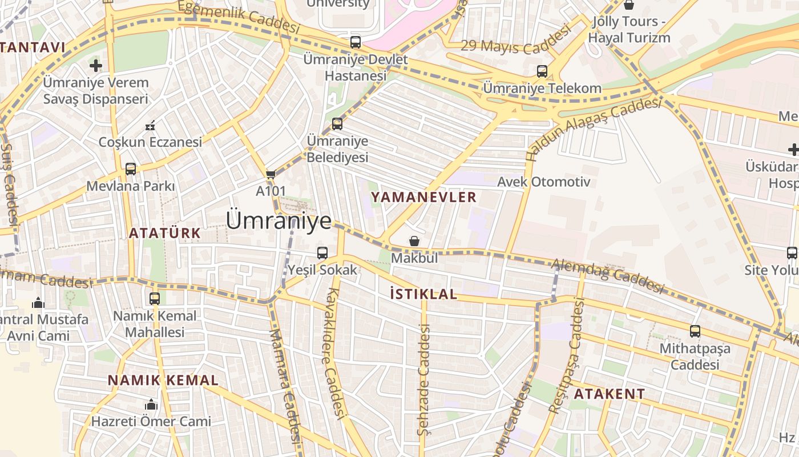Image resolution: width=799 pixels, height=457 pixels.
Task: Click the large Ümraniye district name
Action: coord(279,221)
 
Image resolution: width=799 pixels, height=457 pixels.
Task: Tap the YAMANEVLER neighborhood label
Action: coord(423,197)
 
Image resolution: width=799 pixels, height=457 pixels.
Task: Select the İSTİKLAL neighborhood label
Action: coord(423,294)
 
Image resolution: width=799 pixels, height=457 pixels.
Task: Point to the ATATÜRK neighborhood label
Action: coord(164,233)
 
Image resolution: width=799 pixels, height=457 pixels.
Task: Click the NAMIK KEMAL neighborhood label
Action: coord(163,380)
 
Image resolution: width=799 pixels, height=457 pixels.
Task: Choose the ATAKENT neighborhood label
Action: coord(609,394)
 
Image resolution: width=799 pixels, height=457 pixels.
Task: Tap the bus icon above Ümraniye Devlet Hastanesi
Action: coord(356,42)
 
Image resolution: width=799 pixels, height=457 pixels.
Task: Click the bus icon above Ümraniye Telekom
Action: coord(542,71)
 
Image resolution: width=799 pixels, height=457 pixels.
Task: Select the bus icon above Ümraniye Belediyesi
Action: coord(337,123)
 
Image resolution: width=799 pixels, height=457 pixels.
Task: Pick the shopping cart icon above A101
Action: coord(271,174)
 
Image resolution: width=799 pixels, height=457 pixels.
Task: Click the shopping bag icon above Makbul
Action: coord(414,241)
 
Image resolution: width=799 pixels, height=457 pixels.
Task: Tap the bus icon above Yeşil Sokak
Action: coord(322,252)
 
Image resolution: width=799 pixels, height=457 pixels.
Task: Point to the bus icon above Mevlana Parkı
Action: coord(131,169)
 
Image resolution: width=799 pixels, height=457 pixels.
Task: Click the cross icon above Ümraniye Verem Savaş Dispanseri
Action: coord(96,65)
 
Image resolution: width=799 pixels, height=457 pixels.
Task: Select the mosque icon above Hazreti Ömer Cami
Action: coord(151,404)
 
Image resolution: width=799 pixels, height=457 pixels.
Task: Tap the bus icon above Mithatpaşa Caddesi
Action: coord(695,331)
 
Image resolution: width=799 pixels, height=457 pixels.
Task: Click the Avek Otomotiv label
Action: coord(543,182)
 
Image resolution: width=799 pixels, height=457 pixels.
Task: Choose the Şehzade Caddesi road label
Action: coord(423,379)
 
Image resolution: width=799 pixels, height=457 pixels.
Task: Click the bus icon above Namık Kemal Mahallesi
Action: coord(155,298)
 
